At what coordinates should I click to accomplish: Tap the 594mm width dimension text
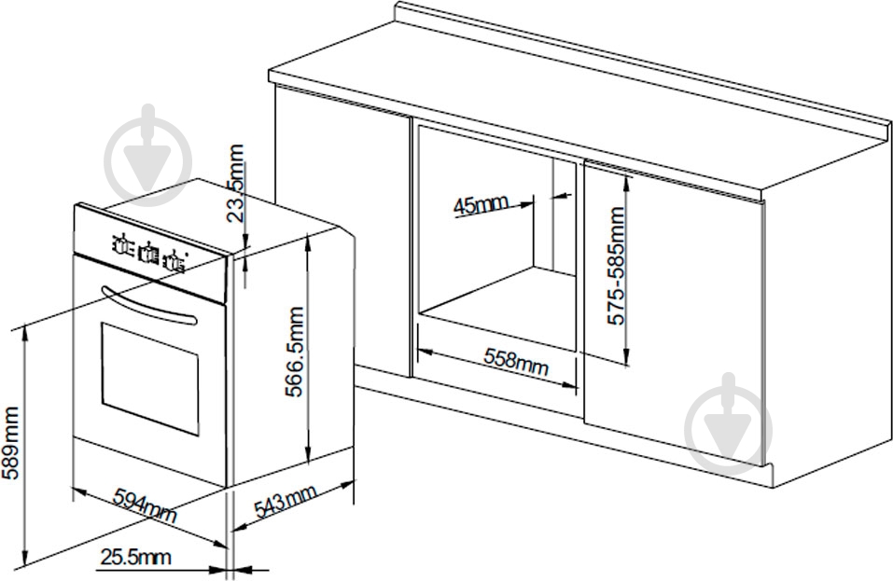[146, 505]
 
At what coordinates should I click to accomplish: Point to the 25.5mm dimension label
[135, 557]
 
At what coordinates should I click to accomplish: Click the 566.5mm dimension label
[295, 351]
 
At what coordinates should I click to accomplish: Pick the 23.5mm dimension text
[234, 182]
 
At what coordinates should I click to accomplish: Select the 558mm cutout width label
[516, 362]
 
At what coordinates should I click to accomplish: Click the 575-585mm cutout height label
[616, 266]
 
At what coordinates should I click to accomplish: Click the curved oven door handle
[148, 306]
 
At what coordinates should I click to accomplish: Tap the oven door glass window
[150, 379]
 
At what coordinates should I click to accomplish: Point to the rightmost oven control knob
[174, 262]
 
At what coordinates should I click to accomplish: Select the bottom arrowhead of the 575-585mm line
[626, 357]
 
